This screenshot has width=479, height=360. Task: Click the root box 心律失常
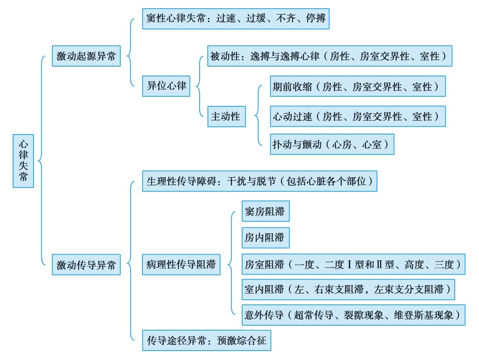tap(23, 161)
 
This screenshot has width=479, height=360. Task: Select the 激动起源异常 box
tap(86, 56)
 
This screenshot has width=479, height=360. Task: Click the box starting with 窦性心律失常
tap(236, 19)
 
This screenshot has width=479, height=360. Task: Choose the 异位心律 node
tap(166, 86)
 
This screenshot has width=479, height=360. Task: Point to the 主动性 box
tap(226, 117)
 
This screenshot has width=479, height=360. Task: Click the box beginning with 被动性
tap(329, 56)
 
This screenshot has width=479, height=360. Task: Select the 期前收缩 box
tap(358, 86)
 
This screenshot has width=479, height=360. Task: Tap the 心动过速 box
tap(358, 117)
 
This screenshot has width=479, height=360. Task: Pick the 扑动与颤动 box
tap(332, 144)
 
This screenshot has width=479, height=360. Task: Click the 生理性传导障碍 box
tap(259, 181)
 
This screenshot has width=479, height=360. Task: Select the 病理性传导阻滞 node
tap(181, 265)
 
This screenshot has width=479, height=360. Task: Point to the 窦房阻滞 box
tap(265, 212)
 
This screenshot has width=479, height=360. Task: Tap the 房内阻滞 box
tap(265, 238)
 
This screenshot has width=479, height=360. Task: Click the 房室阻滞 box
tap(353, 264)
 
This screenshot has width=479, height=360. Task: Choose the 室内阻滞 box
tap(348, 289)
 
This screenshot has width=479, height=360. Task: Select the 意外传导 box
tap(353, 315)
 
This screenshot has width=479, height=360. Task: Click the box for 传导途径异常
tap(207, 340)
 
